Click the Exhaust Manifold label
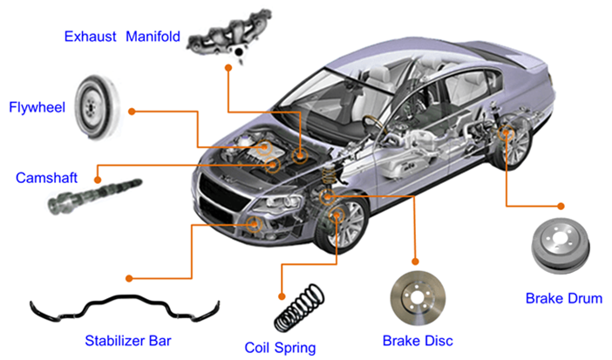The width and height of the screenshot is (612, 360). [122, 37]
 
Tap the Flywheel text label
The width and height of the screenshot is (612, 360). [37, 107]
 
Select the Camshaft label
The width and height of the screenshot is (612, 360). [46, 178]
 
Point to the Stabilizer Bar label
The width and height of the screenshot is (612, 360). [128, 341]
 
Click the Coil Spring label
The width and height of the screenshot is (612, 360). [280, 347]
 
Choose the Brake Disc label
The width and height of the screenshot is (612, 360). [418, 341]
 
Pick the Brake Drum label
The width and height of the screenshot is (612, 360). [564, 298]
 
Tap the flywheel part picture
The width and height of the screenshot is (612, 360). [97, 106]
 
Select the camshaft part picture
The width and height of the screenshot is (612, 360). [95, 196]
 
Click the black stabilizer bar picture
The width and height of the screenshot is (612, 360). [125, 308]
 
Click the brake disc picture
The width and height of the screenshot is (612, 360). [418, 298]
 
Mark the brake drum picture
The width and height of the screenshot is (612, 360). [561, 245]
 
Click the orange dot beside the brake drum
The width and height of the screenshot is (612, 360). [561, 206]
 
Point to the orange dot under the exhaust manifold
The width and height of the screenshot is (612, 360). [228, 67]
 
